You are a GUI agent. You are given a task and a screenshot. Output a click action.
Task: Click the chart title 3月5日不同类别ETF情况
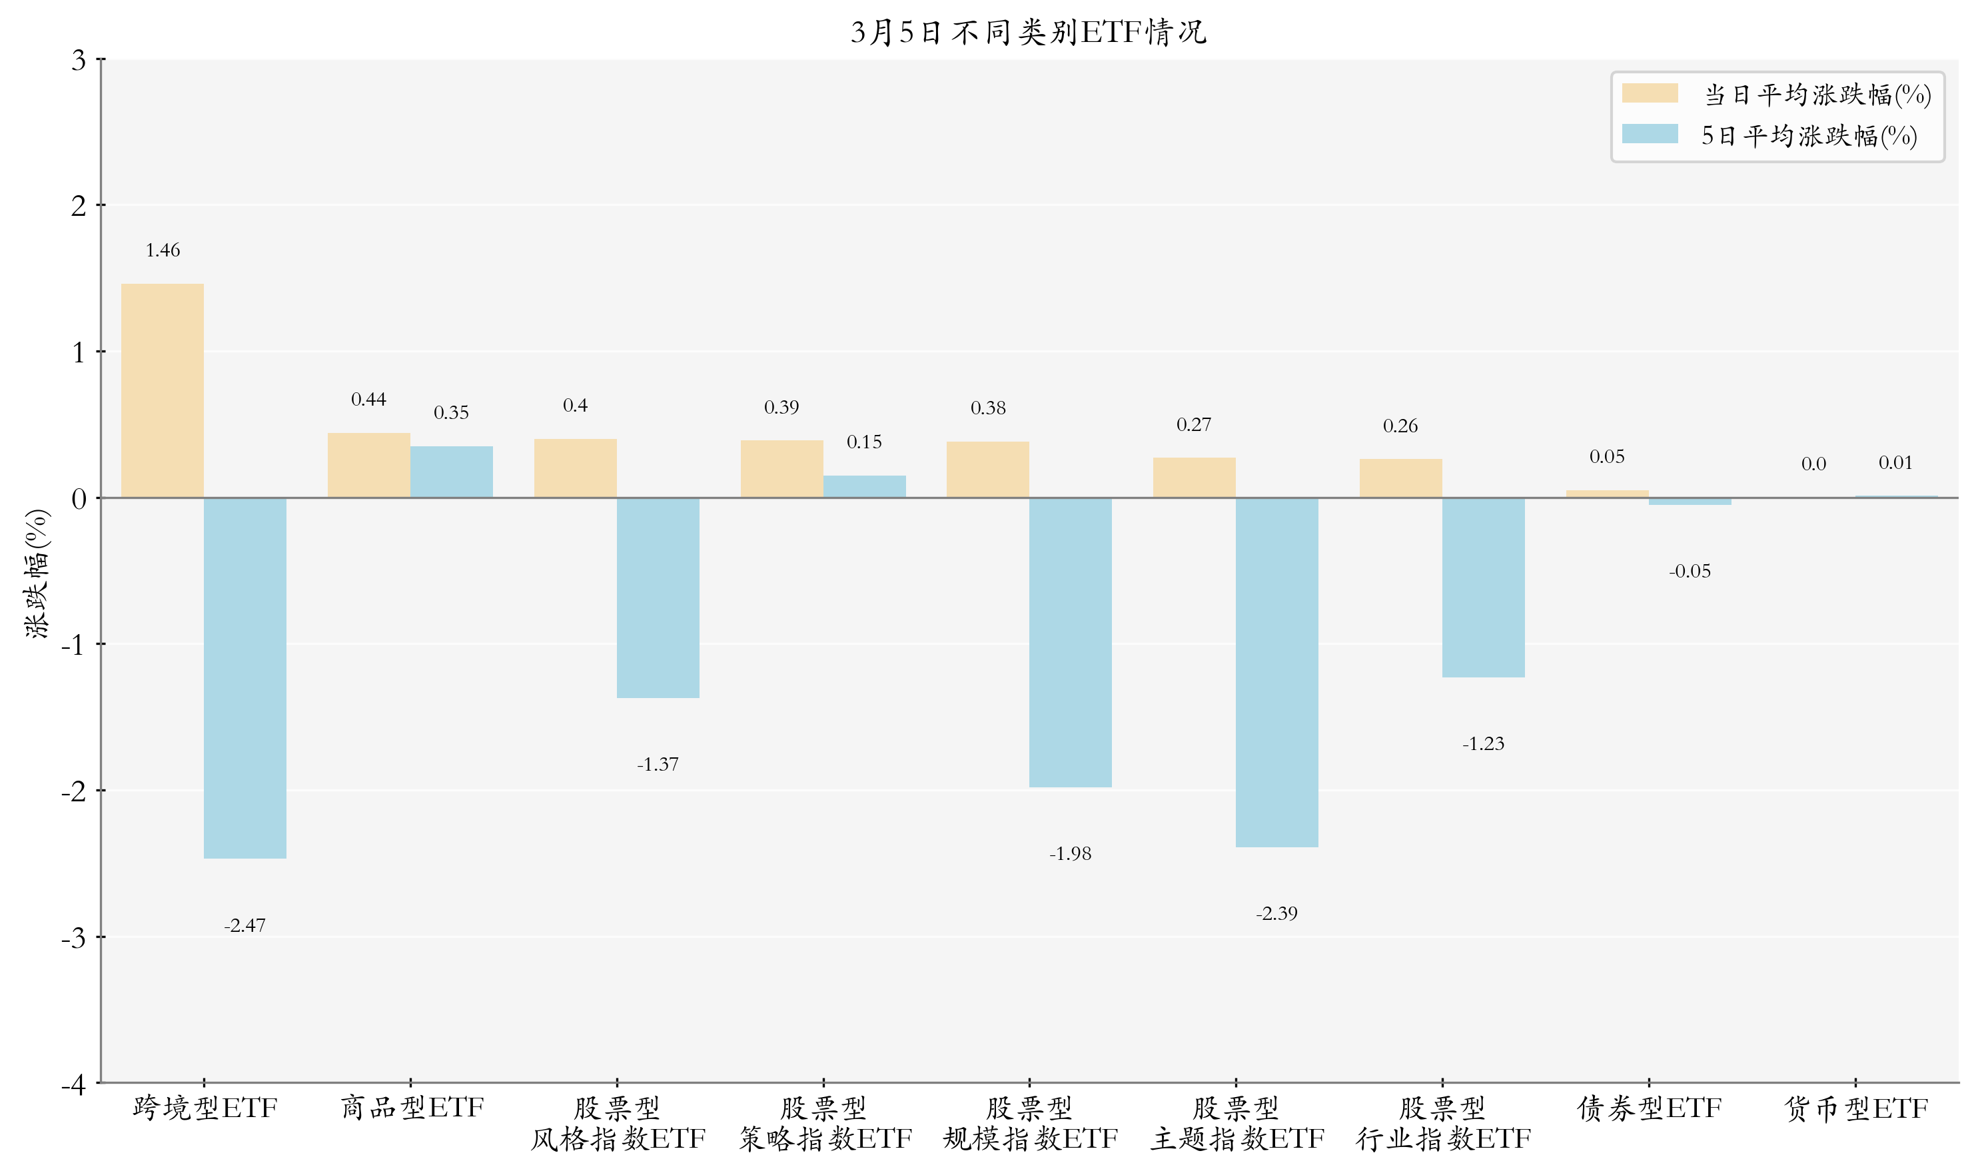click(x=1028, y=33)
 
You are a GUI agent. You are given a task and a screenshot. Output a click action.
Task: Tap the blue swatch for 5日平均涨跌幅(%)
click(x=1650, y=134)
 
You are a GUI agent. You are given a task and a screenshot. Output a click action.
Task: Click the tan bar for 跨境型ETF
click(x=163, y=390)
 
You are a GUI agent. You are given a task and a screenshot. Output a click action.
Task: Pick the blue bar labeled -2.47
click(x=245, y=678)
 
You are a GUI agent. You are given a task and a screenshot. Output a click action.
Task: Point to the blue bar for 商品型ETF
click(x=451, y=472)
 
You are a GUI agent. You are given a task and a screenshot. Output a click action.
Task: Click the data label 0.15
click(x=863, y=442)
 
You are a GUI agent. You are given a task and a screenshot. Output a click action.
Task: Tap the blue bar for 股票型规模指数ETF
click(x=1070, y=642)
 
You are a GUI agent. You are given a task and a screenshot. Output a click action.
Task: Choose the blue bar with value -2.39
click(x=1276, y=672)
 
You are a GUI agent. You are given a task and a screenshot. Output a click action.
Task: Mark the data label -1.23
click(x=1482, y=743)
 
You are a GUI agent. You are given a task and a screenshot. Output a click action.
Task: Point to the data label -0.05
click(x=1689, y=571)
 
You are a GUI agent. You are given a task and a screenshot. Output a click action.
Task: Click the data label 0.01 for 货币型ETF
click(x=1895, y=462)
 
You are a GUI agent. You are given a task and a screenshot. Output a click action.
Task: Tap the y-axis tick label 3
click(x=79, y=60)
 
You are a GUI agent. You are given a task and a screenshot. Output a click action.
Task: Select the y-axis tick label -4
click(x=74, y=1084)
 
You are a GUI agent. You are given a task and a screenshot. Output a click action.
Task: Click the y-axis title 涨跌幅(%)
click(x=37, y=574)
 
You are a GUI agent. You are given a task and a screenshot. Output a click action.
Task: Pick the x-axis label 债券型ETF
click(x=1649, y=1108)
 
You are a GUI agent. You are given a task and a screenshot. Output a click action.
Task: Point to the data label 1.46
click(x=163, y=250)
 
